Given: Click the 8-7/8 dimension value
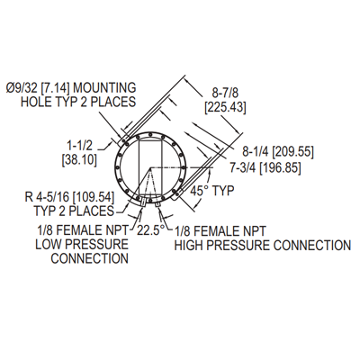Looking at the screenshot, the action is point(225,93).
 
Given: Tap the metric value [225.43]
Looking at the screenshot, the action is point(225,107).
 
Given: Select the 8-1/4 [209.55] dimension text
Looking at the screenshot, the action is point(278,152).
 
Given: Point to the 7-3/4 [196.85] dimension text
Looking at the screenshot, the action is point(265,167).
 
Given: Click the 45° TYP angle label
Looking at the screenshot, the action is point(212,191).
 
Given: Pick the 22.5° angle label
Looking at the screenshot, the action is point(151,230).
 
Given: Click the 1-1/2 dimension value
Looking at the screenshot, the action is point(79,146).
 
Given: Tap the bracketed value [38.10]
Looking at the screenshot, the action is point(79,160).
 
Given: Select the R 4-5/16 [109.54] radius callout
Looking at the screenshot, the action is point(70,197).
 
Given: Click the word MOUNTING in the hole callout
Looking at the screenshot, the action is point(104,88).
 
